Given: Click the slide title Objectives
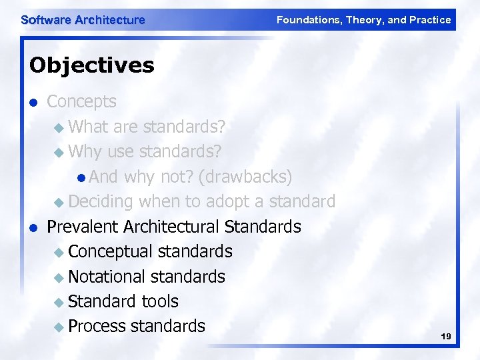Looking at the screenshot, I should tap(91, 65).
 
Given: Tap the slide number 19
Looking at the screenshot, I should tap(446, 337).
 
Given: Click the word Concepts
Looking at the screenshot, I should tap(81, 102).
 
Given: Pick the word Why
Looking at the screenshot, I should tap(85, 151).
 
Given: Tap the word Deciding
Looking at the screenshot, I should tap(100, 201).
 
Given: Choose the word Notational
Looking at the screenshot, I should tap(107, 276).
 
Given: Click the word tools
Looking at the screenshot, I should tap(161, 301).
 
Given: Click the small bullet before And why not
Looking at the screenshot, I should tap(81, 177).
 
